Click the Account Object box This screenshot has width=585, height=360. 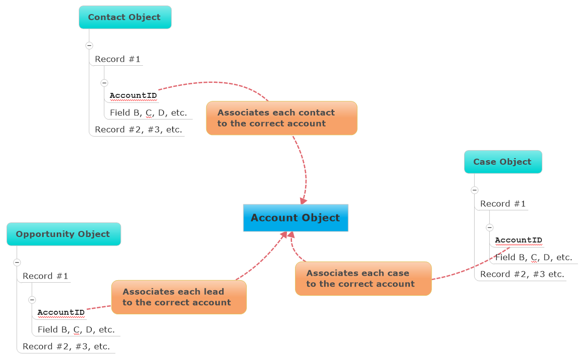[296, 218]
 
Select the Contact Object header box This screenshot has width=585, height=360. [125, 17]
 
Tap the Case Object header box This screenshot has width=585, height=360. [503, 162]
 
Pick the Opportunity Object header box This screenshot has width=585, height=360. [63, 234]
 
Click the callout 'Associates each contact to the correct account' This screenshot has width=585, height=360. [281, 118]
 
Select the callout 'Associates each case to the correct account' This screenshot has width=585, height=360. [363, 278]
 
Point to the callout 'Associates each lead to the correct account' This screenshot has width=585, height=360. [179, 297]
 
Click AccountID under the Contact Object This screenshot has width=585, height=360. [133, 95]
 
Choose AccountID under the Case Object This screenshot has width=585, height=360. [519, 240]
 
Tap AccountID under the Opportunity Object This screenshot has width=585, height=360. [61, 312]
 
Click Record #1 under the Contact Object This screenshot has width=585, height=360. [117, 59]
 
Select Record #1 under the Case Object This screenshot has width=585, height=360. [503, 204]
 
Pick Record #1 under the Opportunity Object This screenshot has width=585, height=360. [45, 276]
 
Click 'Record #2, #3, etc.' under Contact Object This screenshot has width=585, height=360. [138, 130]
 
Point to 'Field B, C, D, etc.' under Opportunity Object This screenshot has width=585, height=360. [76, 330]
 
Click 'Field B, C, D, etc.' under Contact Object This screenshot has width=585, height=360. [149, 112]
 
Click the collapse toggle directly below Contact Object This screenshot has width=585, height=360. [89, 45]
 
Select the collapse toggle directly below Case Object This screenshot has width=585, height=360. [475, 190]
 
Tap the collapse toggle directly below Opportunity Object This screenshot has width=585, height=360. [17, 262]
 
